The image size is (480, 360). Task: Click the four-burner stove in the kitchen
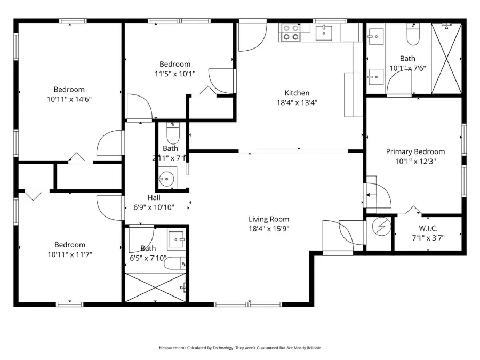(291, 33)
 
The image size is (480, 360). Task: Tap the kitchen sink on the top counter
(324, 33)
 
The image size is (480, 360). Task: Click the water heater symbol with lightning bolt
(381, 227)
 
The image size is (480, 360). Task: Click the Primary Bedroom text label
(415, 151)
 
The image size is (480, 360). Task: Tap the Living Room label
(269, 219)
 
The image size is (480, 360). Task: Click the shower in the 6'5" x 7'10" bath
(156, 288)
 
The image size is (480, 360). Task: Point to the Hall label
(154, 197)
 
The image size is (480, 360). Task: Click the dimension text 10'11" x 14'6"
(69, 99)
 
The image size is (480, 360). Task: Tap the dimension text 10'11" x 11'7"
(69, 254)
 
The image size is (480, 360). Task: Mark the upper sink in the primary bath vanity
(375, 37)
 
